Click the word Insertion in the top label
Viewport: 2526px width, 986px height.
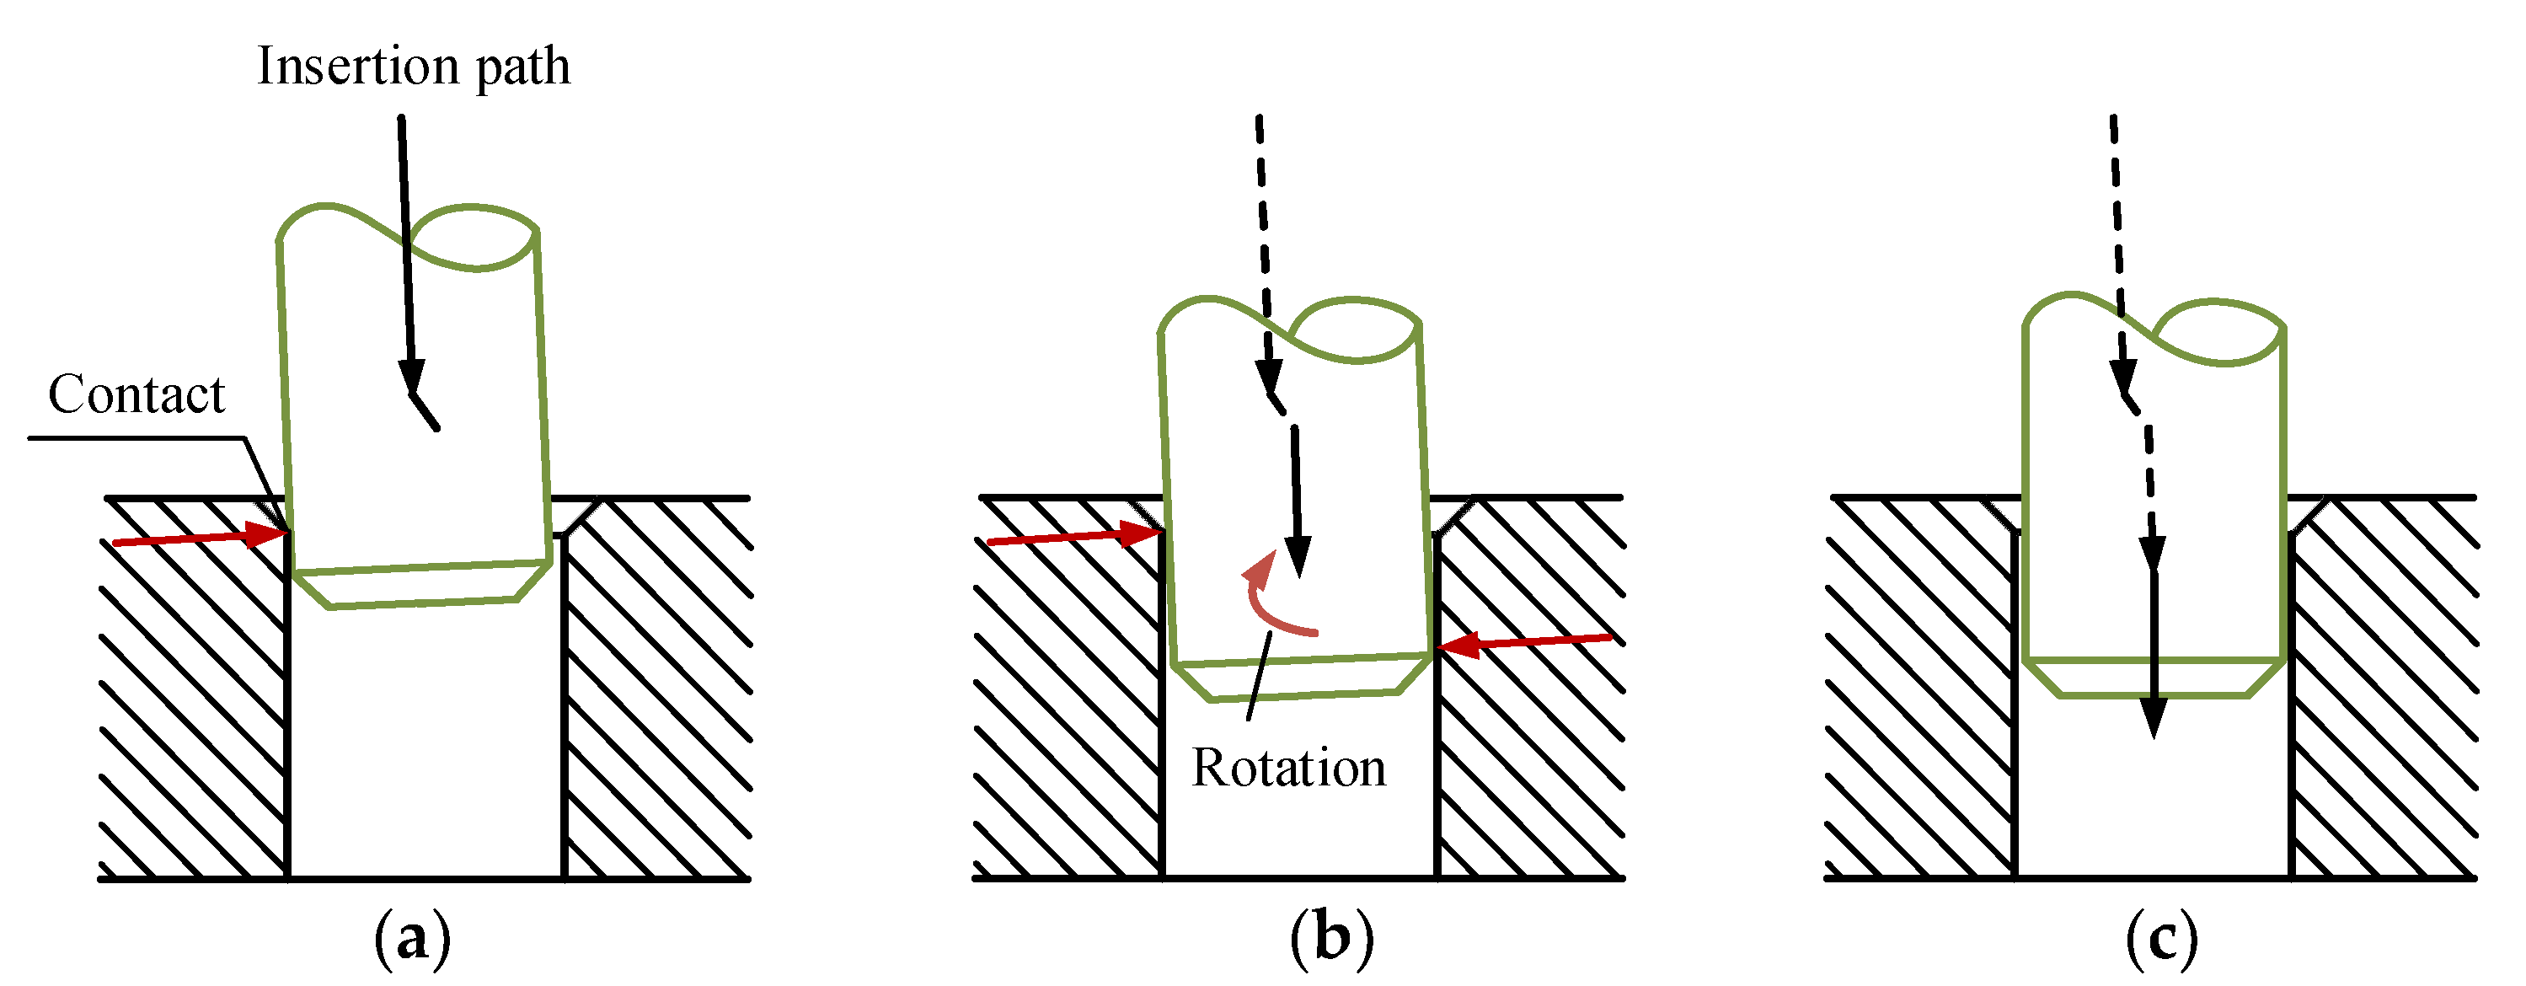pos(358,67)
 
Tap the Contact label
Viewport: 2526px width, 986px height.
pos(136,394)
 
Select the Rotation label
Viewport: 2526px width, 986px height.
pos(1288,767)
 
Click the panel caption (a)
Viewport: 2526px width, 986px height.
pos(412,939)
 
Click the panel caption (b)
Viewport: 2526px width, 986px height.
pos(1331,939)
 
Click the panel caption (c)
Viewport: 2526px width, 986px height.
pos(2161,939)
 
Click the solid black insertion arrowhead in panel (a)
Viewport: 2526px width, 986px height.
pos(412,376)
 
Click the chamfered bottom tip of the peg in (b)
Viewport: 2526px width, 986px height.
pos(1304,679)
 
